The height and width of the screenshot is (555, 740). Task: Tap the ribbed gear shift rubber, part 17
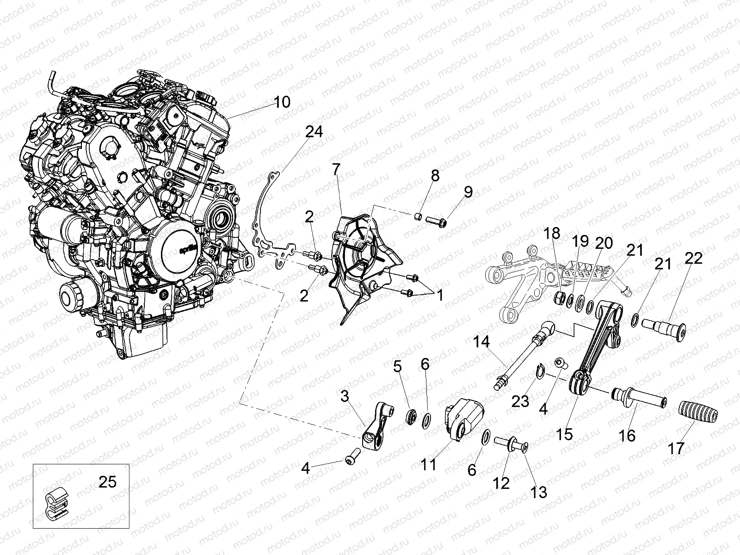click(699, 412)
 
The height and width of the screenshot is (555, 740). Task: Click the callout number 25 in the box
click(107, 482)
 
